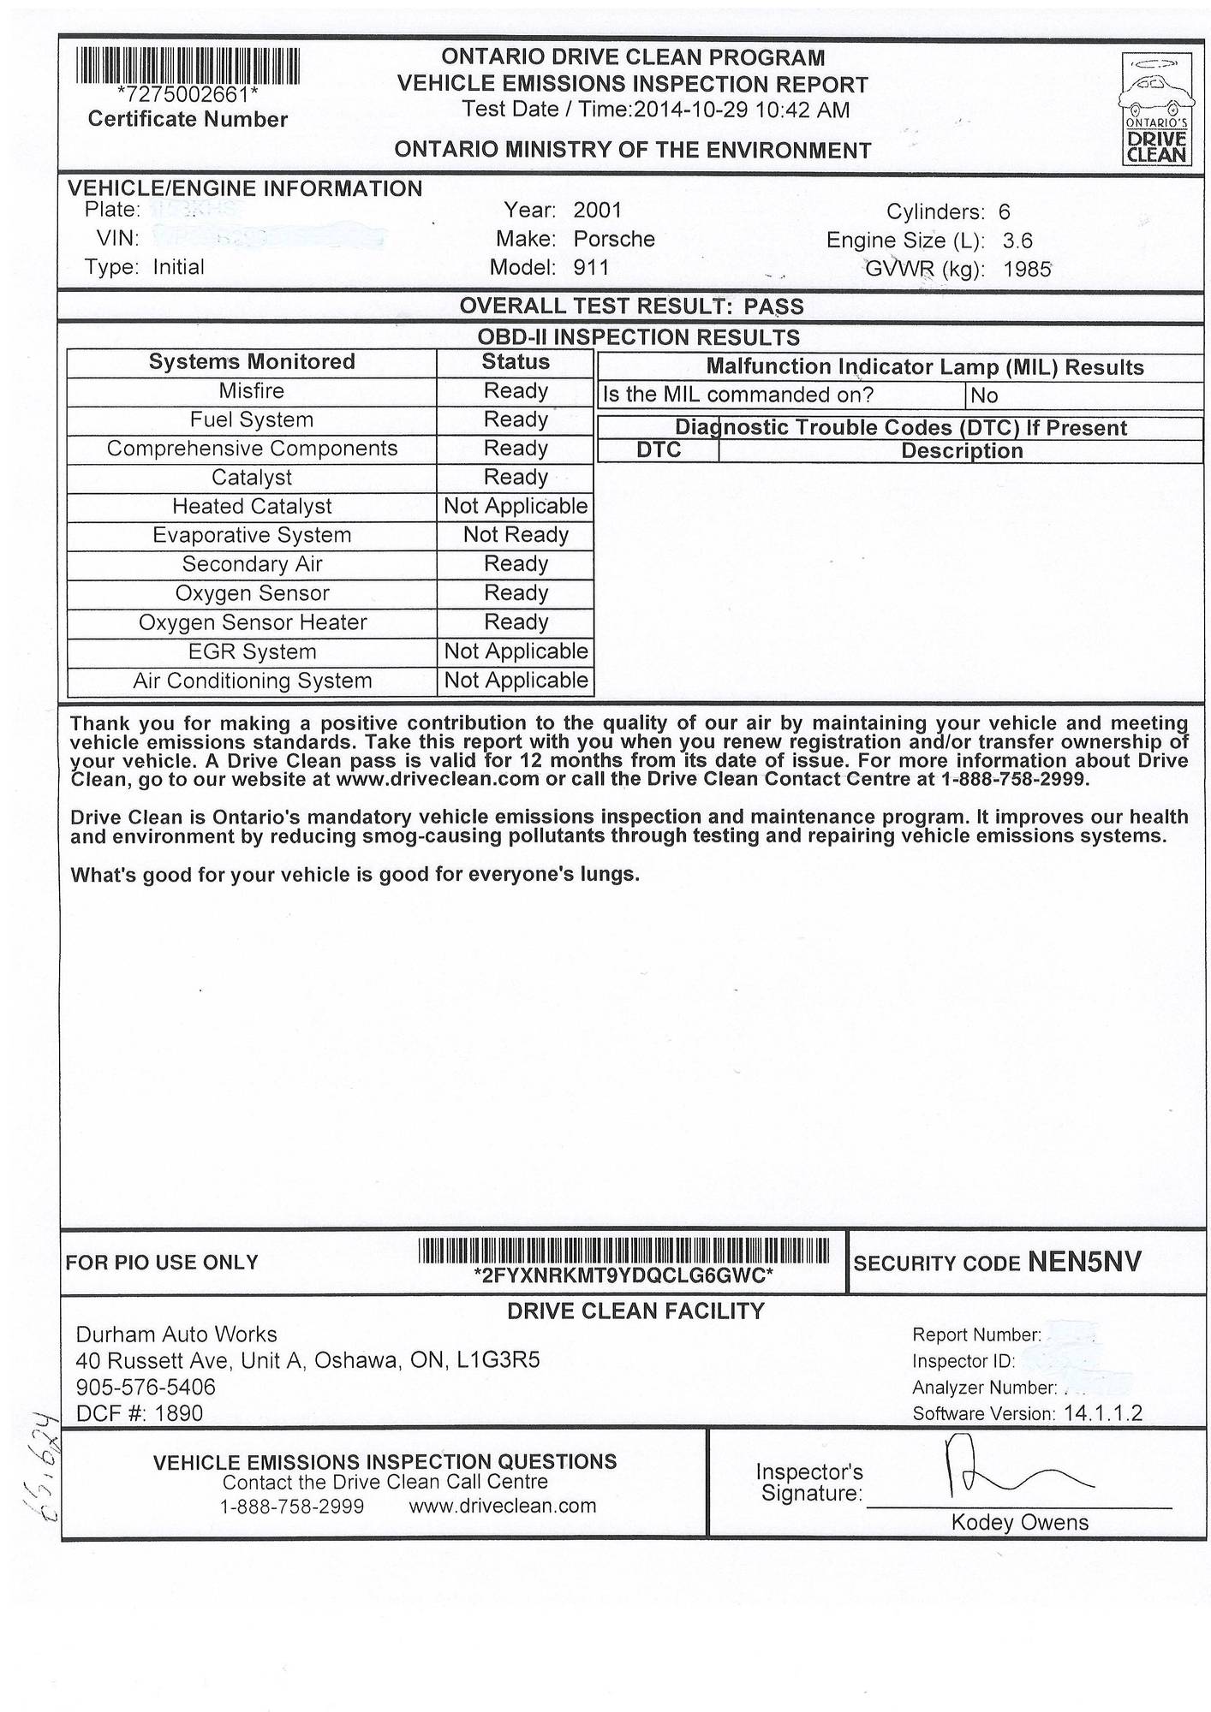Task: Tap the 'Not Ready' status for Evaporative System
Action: coord(516,535)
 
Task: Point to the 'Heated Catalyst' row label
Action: coord(252,507)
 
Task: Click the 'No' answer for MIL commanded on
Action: coord(984,395)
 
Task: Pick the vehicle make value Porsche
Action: coord(614,239)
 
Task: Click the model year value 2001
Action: coord(597,211)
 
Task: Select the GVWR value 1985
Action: coord(1027,270)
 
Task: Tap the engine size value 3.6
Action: coord(1017,241)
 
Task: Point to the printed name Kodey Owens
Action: coord(1019,1523)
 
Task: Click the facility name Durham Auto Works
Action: coord(176,1335)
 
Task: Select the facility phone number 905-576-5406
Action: coord(146,1387)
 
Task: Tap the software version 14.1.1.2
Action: coord(1103,1413)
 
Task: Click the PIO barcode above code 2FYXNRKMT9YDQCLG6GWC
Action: coord(623,1251)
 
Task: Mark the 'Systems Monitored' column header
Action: coord(252,362)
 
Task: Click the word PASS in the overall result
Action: coord(773,306)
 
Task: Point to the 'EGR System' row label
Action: coord(252,652)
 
